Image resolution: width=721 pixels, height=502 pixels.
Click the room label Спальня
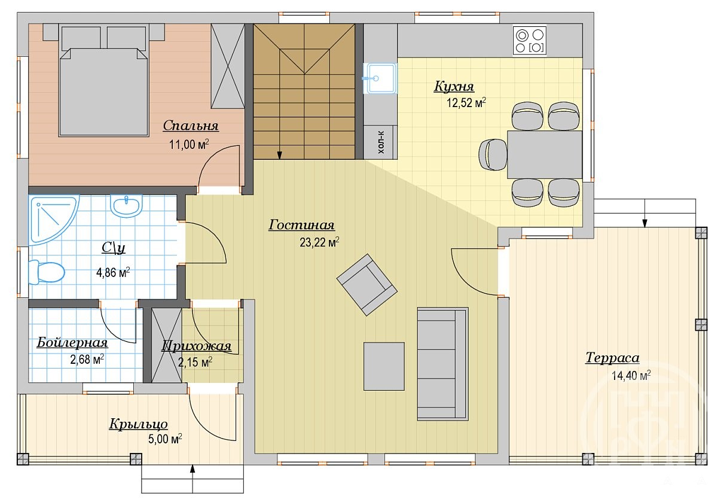pos(191,126)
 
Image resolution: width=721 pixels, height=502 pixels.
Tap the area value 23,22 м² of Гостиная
pos(319,242)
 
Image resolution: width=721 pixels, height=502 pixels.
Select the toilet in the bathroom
pos(47,272)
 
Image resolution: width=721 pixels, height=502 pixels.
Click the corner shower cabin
pos(53,218)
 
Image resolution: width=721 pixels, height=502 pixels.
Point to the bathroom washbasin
pos(126,205)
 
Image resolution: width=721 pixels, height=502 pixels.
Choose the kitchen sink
pos(380,78)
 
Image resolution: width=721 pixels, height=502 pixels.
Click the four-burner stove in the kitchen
pos(530,41)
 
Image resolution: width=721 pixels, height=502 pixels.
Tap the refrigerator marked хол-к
pos(380,142)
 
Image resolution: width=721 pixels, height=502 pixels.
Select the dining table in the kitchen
pos(545,154)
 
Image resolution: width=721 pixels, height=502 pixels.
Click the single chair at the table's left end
pos(493,154)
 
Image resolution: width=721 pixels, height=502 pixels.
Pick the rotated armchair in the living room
pos(366,285)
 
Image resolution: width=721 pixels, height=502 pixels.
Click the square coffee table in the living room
pos(384,366)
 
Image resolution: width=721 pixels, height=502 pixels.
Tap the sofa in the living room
pos(442,364)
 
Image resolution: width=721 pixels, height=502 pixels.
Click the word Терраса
pos(612,358)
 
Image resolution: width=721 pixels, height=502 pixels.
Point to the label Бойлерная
pos(72,342)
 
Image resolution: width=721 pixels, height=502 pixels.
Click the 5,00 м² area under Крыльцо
pos(165,439)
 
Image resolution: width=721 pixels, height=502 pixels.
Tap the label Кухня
pos(454,86)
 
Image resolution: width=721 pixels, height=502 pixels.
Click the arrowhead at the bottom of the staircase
pos(279,156)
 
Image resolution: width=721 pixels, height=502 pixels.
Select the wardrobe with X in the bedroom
pos(228,66)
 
